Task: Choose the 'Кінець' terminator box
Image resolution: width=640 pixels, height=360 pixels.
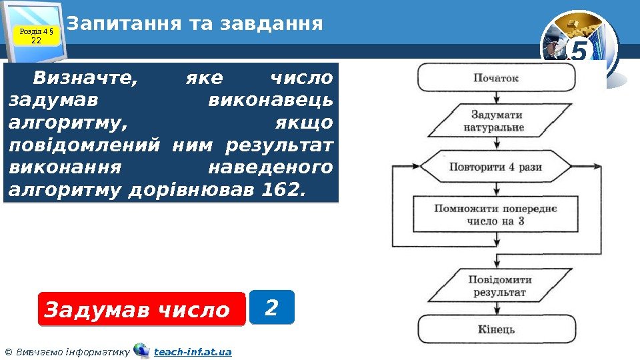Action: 497,329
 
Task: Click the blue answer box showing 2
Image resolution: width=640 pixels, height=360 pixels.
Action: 271,307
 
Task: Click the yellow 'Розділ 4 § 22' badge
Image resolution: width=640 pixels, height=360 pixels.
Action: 37,35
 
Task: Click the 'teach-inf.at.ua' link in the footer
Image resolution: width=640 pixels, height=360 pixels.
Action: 193,351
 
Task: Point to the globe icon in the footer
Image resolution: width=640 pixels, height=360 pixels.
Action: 141,350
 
